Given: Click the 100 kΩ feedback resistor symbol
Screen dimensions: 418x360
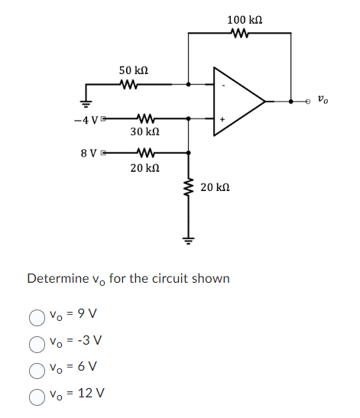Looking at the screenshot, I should click(x=240, y=33).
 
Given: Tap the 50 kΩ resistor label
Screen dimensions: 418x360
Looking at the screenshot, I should click(x=133, y=70).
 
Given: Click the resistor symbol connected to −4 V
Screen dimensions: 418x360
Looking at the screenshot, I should click(x=144, y=118).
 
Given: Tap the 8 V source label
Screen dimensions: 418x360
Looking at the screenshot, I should click(x=89, y=152).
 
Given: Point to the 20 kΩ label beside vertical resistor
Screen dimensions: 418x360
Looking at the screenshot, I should click(x=215, y=187).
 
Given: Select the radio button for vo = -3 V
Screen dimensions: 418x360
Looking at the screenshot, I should click(x=36, y=341).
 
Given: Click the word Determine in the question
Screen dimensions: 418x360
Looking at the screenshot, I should click(x=56, y=278).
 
